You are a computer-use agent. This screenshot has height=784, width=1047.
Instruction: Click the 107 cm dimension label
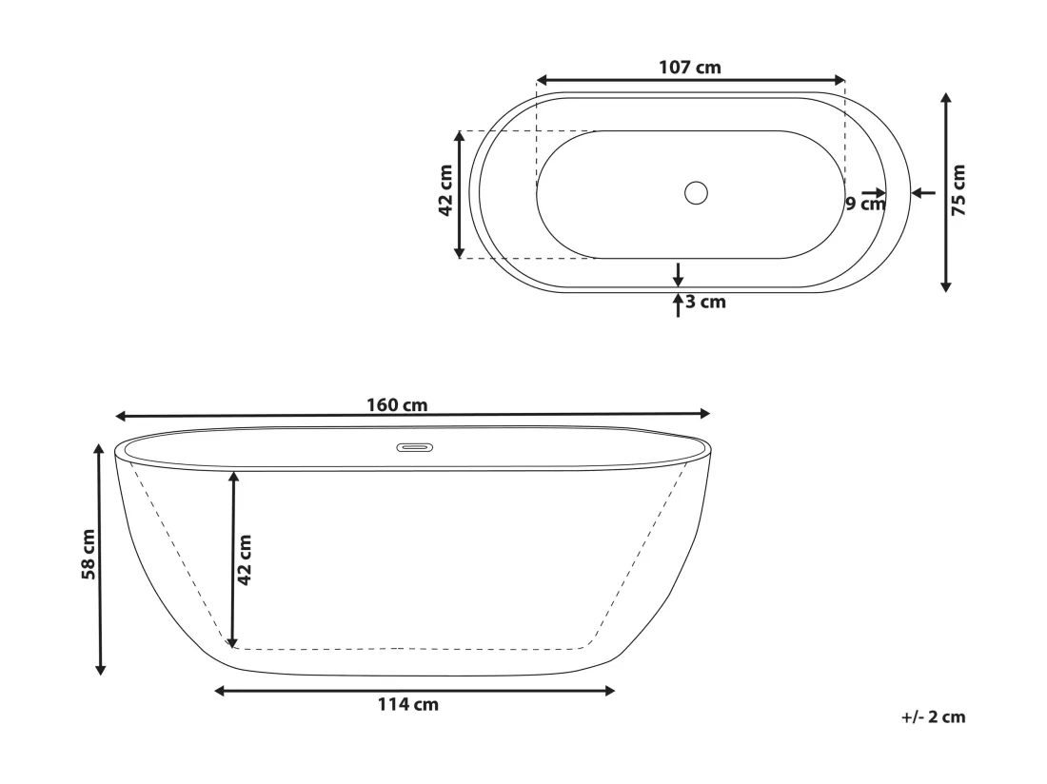pyautogui.click(x=690, y=68)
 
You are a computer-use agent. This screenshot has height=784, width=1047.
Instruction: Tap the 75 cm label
pyautogui.click(x=958, y=190)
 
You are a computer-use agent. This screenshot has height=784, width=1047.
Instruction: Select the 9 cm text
pyautogui.click(x=865, y=204)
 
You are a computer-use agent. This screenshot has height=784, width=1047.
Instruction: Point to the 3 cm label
pyautogui.click(x=706, y=303)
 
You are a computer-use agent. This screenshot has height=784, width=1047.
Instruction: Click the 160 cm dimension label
pyautogui.click(x=397, y=405)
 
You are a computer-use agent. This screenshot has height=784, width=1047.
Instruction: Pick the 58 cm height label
pyautogui.click(x=89, y=555)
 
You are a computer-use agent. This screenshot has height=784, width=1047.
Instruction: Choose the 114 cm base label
pyautogui.click(x=408, y=705)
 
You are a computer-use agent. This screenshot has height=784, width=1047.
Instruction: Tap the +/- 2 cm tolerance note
pyautogui.click(x=933, y=717)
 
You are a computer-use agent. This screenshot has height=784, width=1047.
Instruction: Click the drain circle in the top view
pyautogui.click(x=696, y=193)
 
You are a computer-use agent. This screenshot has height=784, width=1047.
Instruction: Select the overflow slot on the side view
pyautogui.click(x=415, y=448)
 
